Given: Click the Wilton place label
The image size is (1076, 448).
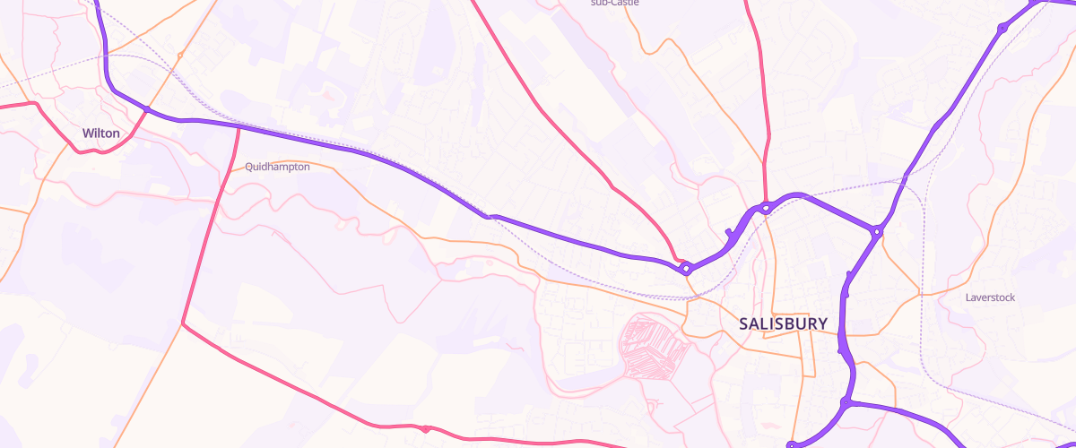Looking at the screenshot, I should point(100,133).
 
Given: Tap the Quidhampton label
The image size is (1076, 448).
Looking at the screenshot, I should point(277,167).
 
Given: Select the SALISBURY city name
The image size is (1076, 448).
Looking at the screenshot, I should point(783,323).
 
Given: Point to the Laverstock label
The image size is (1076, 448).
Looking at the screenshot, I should point(990,297).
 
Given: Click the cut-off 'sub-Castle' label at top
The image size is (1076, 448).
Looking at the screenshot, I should point(614,3).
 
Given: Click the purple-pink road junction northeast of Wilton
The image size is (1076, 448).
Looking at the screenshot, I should point(146,110).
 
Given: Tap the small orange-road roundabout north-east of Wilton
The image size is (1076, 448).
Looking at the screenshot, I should point(179,56).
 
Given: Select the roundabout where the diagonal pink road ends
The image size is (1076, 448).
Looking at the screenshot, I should point(685,267).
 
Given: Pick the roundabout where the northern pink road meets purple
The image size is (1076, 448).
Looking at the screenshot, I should point(766,208).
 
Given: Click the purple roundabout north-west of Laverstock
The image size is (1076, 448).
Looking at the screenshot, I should point(877,232).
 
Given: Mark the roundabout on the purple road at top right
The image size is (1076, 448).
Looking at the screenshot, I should point(1002,30).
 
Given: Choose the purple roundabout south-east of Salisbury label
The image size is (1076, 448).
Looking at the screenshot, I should point(845,403).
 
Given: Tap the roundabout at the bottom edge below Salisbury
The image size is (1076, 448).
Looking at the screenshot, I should point(791,444).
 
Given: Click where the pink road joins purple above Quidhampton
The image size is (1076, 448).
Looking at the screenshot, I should point(239,127).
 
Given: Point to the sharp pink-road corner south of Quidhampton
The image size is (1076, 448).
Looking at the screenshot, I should point(183,323).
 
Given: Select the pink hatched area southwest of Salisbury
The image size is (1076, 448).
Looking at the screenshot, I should point(654,345).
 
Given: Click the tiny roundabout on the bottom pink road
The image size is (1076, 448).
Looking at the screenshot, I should point(424,429).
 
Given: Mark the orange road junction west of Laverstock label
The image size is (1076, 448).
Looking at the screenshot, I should point(920,294).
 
